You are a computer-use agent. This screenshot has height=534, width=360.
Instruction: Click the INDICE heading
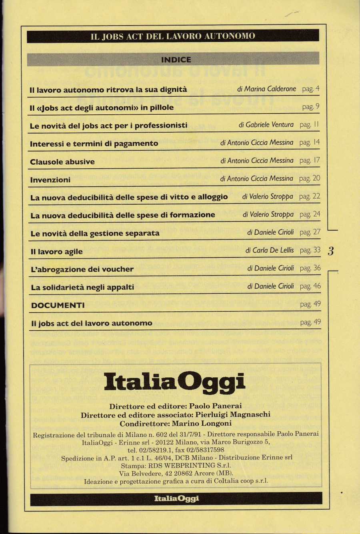[x=176, y=60]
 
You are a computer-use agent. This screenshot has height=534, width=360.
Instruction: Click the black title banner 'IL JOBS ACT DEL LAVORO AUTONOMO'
[x=173, y=36]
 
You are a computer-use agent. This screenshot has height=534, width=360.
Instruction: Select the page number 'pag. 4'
[x=311, y=89]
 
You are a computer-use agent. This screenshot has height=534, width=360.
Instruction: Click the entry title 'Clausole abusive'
[x=62, y=162]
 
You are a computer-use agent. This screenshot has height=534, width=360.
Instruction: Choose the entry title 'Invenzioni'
[x=50, y=180]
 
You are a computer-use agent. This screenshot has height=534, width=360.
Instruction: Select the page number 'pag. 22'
[x=310, y=196]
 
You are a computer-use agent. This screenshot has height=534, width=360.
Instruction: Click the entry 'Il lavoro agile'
[x=57, y=252]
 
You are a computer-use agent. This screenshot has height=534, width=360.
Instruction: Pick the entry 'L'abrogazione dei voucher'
[x=82, y=269]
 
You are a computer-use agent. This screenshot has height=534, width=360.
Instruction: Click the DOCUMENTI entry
[x=58, y=305]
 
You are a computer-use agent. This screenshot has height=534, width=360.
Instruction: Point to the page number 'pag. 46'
[x=310, y=286]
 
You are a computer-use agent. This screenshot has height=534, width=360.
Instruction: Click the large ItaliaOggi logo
[x=174, y=382]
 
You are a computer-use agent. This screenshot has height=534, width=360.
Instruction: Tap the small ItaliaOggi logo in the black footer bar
[x=176, y=498]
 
